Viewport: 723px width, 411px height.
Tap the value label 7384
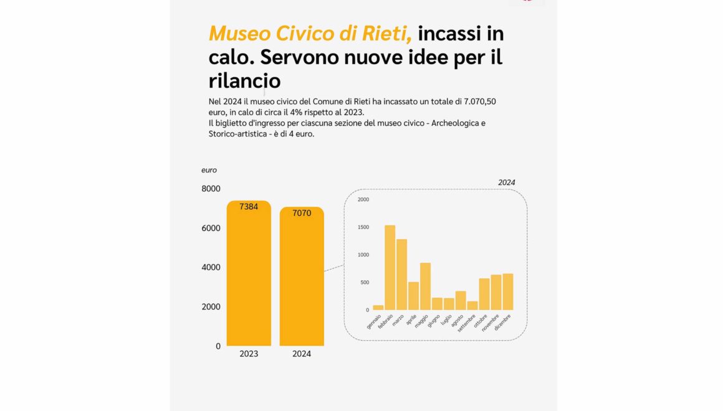pyautogui.click(x=249, y=207)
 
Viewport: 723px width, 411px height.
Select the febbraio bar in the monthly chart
pyautogui.click(x=390, y=268)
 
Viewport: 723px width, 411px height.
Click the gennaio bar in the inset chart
pyautogui.click(x=378, y=307)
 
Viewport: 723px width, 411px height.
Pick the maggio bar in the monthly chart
pyautogui.click(x=425, y=286)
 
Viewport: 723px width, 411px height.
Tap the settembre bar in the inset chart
pyautogui.click(x=472, y=306)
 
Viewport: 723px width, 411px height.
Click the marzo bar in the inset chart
pyautogui.click(x=401, y=275)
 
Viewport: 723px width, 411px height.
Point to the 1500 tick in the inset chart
pyautogui.click(x=363, y=227)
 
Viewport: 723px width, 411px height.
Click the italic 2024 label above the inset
pyautogui.click(x=507, y=182)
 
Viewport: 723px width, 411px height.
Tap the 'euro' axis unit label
pyautogui.click(x=209, y=170)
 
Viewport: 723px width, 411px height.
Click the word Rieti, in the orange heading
pyautogui.click(x=381, y=33)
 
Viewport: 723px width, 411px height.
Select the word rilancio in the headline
pyautogui.click(x=244, y=81)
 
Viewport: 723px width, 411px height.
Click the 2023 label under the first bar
pyautogui.click(x=249, y=354)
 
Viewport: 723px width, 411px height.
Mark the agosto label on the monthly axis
pyautogui.click(x=457, y=322)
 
